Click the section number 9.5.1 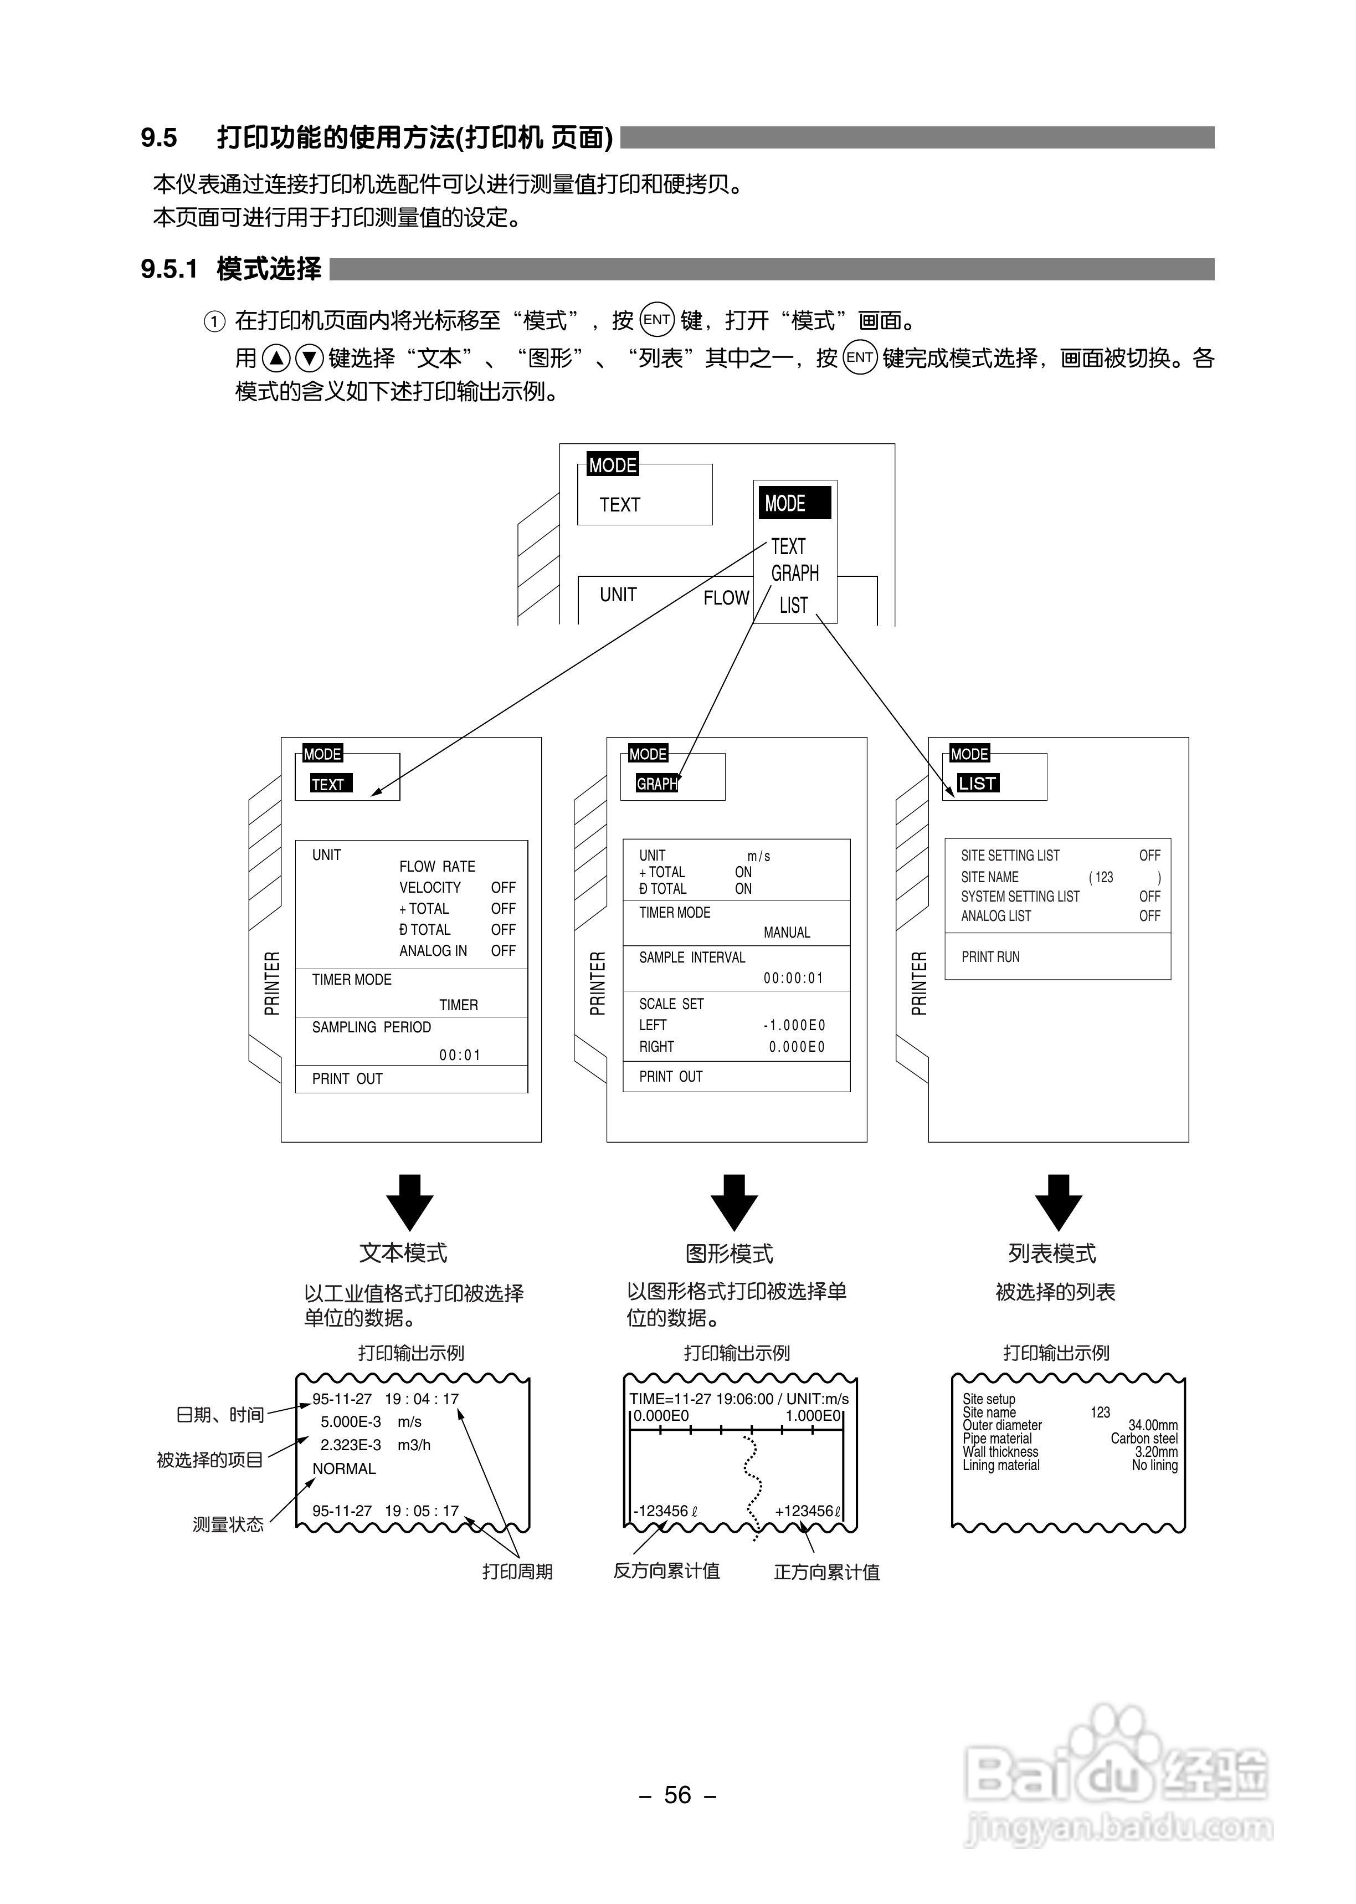169,269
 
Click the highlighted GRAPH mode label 657,784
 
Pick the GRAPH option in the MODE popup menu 795,574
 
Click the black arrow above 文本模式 409,1202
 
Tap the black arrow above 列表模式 1058,1202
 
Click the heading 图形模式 729,1253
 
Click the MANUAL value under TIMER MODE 787,933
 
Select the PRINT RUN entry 990,957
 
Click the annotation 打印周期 517,1572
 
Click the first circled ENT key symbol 657,320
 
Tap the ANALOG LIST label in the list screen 995,916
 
